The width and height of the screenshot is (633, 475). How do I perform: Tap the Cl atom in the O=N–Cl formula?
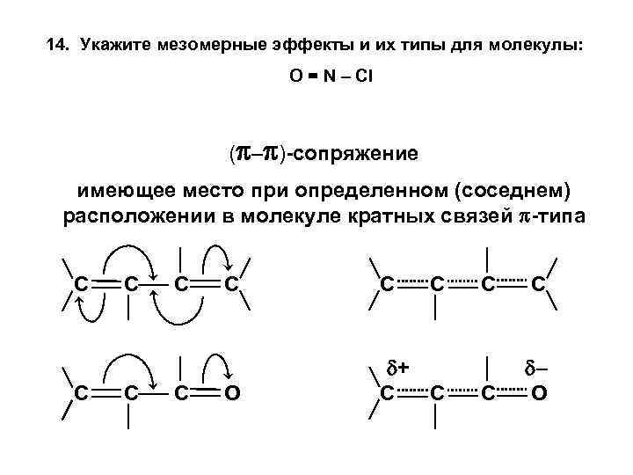click(x=364, y=77)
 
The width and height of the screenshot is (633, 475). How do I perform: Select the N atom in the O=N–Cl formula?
click(x=327, y=77)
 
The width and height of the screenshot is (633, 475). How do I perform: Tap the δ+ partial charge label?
click(x=402, y=366)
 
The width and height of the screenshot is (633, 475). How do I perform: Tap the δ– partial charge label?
click(x=538, y=366)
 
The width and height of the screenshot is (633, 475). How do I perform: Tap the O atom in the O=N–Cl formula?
click(x=296, y=77)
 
